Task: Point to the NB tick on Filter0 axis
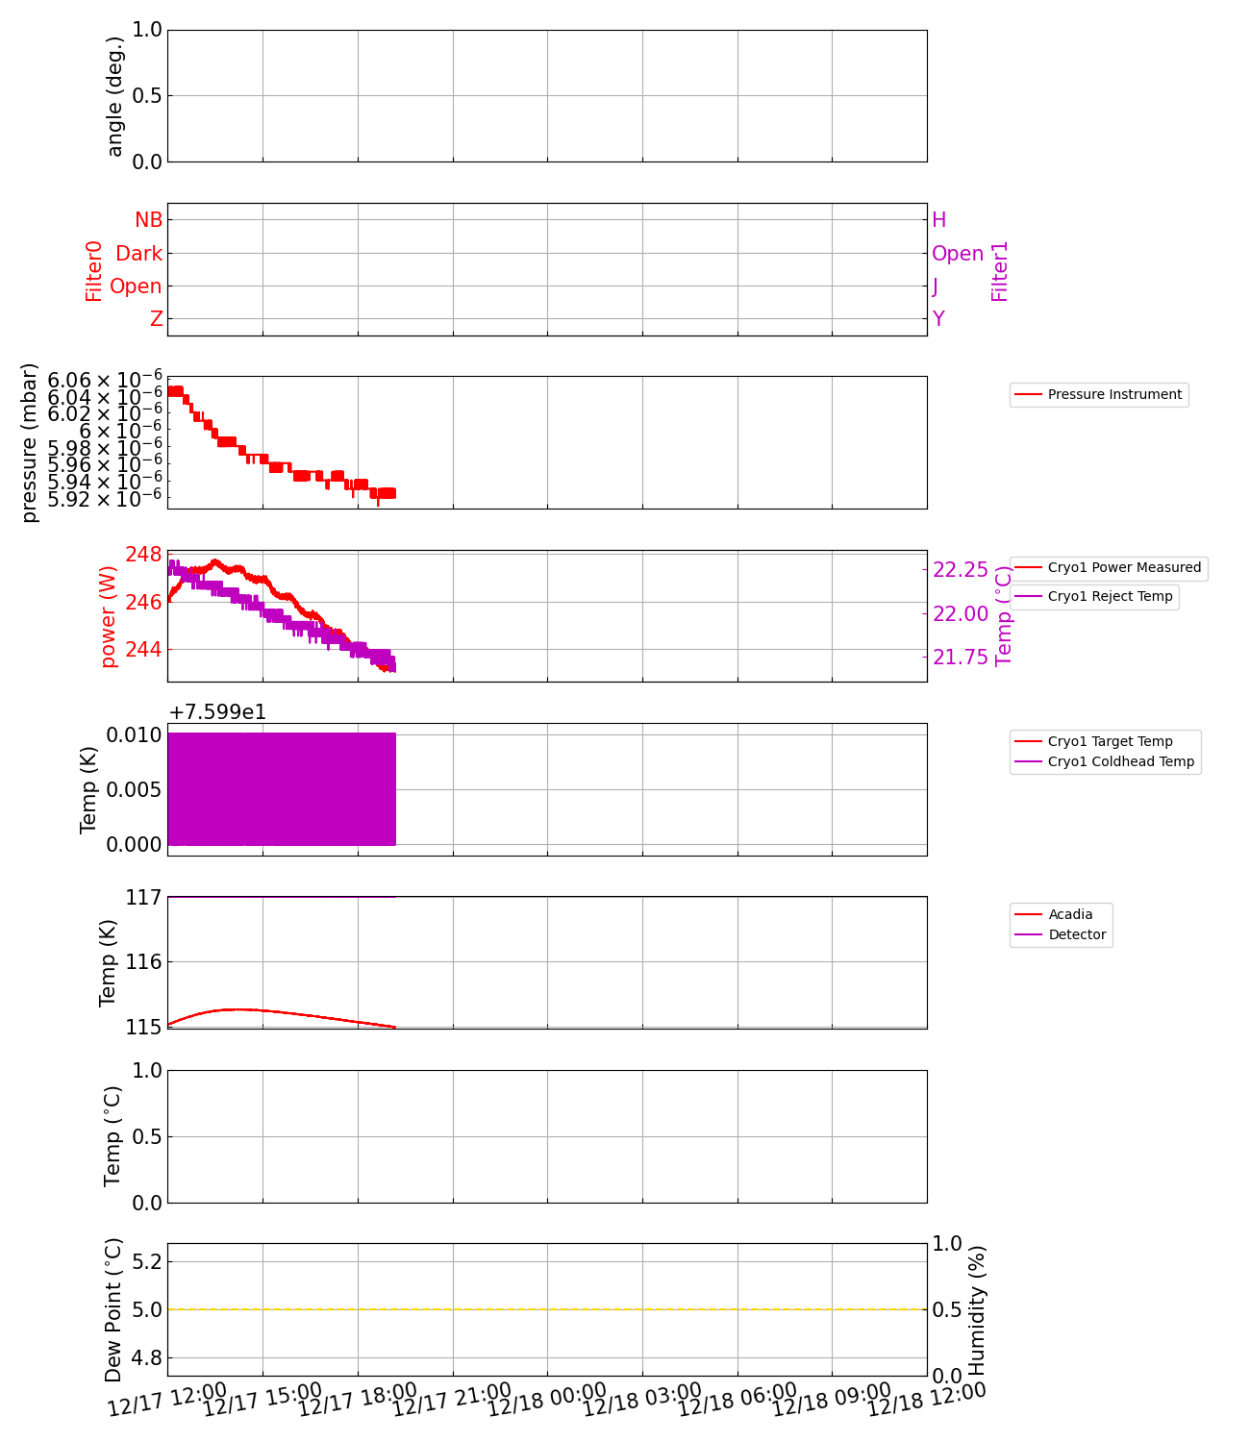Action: pyautogui.click(x=148, y=220)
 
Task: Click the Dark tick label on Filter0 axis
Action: pyautogui.click(x=138, y=254)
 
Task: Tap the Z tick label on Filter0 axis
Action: pyautogui.click(x=156, y=319)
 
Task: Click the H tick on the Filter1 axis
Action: pyautogui.click(x=939, y=220)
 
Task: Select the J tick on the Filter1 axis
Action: pyautogui.click(x=936, y=286)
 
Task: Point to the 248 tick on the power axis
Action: pyautogui.click(x=143, y=555)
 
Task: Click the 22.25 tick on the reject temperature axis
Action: pyautogui.click(x=961, y=570)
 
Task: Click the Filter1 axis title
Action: pyautogui.click(x=1000, y=271)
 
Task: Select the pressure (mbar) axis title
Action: pyautogui.click(x=30, y=443)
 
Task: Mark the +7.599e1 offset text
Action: pyautogui.click(x=217, y=712)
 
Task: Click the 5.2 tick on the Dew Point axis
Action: pyautogui.click(x=145, y=1261)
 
